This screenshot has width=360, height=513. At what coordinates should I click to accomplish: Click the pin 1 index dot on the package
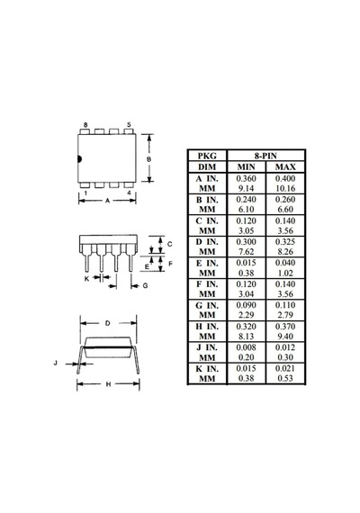(x=79, y=159)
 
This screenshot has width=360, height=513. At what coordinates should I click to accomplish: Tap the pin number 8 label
(x=85, y=125)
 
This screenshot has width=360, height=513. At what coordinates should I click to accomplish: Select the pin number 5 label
(x=129, y=125)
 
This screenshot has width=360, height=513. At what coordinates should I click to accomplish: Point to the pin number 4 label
(x=129, y=193)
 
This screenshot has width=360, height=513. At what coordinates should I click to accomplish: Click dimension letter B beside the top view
(x=148, y=159)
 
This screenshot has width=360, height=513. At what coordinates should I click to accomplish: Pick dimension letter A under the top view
(x=107, y=201)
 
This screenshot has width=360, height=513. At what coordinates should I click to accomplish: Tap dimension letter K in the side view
(x=86, y=279)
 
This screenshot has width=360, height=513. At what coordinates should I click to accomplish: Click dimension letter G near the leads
(x=145, y=285)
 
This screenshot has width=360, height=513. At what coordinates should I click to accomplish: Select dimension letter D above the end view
(x=108, y=323)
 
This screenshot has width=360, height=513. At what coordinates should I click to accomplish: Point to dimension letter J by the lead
(x=55, y=363)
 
